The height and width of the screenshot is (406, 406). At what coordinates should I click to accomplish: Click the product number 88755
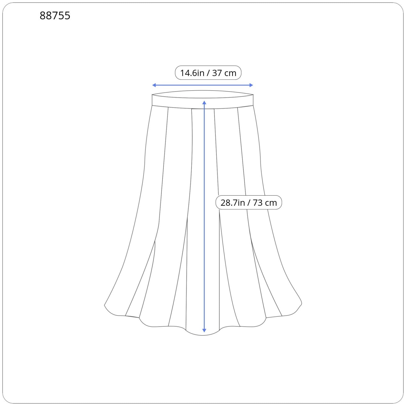pyautogui.click(x=55, y=16)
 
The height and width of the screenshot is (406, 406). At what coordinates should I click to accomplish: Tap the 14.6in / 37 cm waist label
pyautogui.click(x=208, y=73)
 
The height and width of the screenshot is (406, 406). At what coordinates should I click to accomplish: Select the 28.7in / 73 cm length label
pyautogui.click(x=249, y=202)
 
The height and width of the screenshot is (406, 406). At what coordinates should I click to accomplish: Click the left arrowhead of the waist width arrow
pyautogui.click(x=154, y=85)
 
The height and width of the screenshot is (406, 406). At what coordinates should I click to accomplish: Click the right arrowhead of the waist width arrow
pyautogui.click(x=251, y=85)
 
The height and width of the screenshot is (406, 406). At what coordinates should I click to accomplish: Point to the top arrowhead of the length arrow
pyautogui.click(x=204, y=103)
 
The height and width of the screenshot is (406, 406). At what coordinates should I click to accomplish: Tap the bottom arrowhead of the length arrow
pyautogui.click(x=204, y=330)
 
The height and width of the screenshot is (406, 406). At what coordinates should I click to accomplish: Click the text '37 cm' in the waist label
pyautogui.click(x=224, y=73)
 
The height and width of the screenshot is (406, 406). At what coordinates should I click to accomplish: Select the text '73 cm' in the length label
pyautogui.click(x=265, y=203)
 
